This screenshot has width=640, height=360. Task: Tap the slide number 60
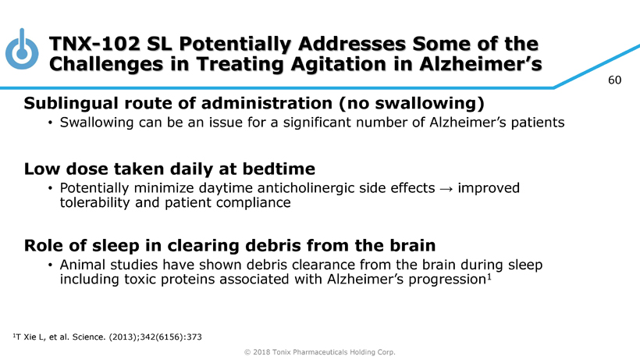pos(614,80)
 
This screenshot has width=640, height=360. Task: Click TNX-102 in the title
pos(94,44)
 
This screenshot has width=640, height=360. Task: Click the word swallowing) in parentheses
pos(429,103)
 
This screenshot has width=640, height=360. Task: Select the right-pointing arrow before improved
pos(446,189)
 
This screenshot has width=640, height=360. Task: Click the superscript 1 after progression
pos(489,277)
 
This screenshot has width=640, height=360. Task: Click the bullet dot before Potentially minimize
pos(50,188)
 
